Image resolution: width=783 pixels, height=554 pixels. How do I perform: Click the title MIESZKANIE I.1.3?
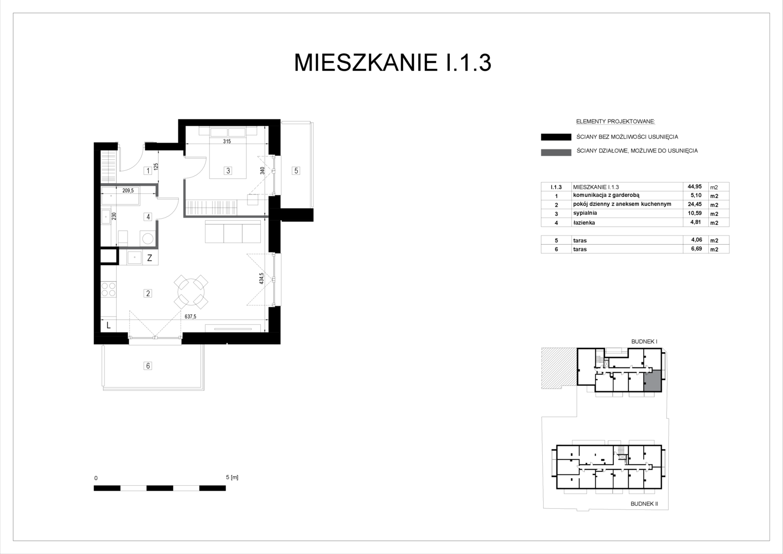tap(393, 63)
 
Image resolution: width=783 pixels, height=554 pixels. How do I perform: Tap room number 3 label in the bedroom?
tap(228, 171)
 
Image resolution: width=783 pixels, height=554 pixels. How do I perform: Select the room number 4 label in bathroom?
tap(148, 217)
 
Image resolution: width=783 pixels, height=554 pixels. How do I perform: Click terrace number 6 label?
tap(148, 366)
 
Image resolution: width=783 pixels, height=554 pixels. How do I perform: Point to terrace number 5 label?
tap(296, 171)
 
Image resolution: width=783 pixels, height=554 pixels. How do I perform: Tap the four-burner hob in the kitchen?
tap(108, 289)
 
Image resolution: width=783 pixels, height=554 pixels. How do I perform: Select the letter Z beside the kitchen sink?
tap(150, 258)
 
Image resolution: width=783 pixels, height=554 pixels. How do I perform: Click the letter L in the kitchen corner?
tap(108, 325)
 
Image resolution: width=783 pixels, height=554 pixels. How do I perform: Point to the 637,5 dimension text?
tap(191, 316)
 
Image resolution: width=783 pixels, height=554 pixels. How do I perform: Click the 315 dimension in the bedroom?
tap(227, 142)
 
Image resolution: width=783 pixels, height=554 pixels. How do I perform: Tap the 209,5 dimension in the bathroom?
tap(128, 191)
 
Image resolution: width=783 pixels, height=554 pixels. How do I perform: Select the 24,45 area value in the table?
tap(694, 204)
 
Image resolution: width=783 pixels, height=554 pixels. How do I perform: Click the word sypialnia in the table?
tap(585, 213)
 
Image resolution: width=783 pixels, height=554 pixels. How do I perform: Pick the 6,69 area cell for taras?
tap(696, 249)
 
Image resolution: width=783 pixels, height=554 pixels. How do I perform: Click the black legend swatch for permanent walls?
tap(556, 137)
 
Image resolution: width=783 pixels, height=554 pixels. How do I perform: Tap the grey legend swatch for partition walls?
tap(556, 152)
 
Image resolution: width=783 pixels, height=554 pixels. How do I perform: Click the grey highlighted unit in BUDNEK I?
tap(652, 381)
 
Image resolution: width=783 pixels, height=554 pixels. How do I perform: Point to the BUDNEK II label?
tap(644, 504)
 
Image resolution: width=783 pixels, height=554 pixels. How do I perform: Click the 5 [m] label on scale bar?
tap(232, 478)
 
